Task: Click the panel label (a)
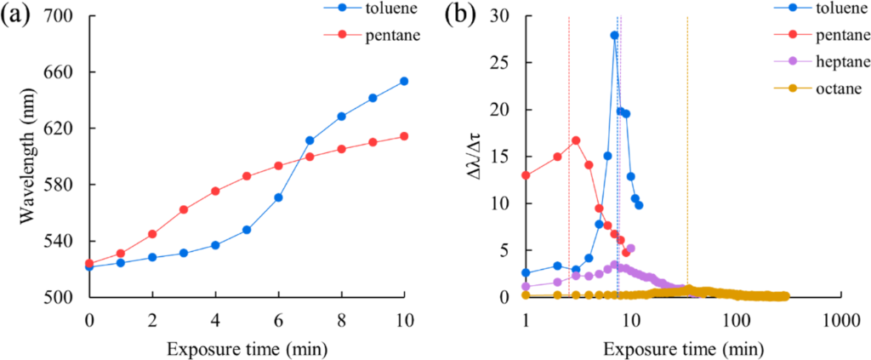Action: pos(20,18)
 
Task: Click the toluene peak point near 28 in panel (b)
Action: pos(613,36)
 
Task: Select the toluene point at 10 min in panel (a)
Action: pos(404,82)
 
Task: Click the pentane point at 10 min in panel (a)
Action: pos(404,136)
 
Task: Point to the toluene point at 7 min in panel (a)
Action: pos(310,140)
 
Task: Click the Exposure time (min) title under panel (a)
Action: pos(247,347)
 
